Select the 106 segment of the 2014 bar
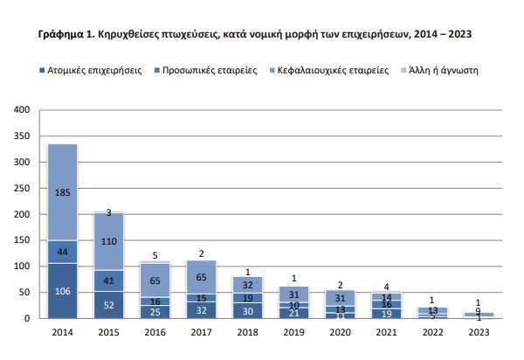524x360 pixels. (62, 292)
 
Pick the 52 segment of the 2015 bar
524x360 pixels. (108, 306)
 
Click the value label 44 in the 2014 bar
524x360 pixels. (62, 252)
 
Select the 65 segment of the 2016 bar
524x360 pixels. (155, 280)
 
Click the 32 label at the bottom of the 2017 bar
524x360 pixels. (202, 310)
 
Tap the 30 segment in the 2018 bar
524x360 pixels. (248, 311)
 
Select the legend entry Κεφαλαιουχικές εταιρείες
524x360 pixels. (328, 69)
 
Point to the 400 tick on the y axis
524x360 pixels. (23, 110)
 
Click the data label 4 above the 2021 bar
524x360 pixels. (388, 286)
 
